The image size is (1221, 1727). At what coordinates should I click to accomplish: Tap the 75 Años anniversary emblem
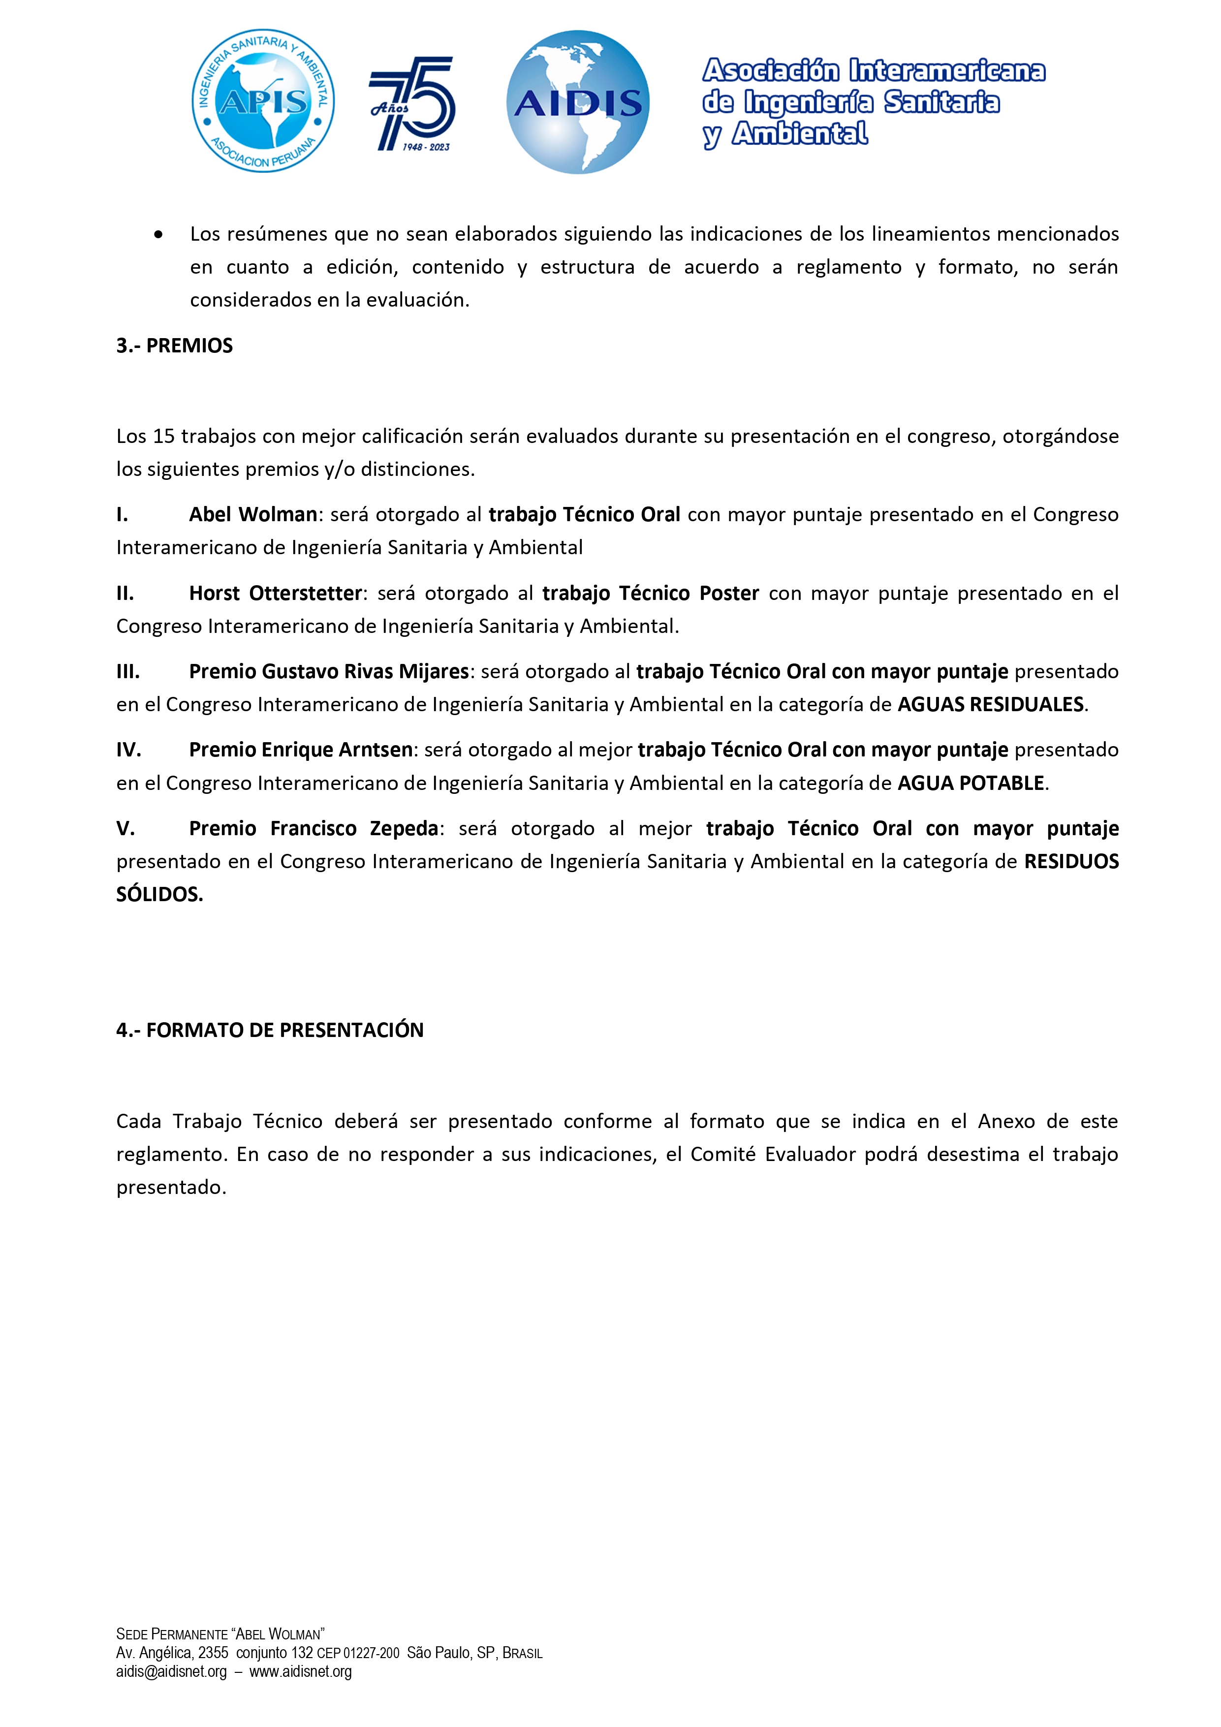coord(412,104)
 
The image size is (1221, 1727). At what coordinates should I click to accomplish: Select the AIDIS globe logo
coord(578,102)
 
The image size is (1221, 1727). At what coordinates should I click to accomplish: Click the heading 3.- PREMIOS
coord(175,346)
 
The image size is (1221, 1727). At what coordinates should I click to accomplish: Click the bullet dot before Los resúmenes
coord(158,235)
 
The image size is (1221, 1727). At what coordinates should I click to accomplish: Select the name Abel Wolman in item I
coord(253,514)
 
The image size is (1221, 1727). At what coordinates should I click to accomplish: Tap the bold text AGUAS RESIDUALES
coord(990,705)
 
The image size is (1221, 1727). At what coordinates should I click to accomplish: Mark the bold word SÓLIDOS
coord(159,894)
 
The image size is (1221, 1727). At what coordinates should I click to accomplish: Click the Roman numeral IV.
coord(128,750)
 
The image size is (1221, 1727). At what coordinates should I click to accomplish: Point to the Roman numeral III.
coord(128,672)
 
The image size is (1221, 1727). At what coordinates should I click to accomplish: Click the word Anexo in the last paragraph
coord(1006,1122)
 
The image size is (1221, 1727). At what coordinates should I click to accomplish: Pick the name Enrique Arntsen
coord(337,750)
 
